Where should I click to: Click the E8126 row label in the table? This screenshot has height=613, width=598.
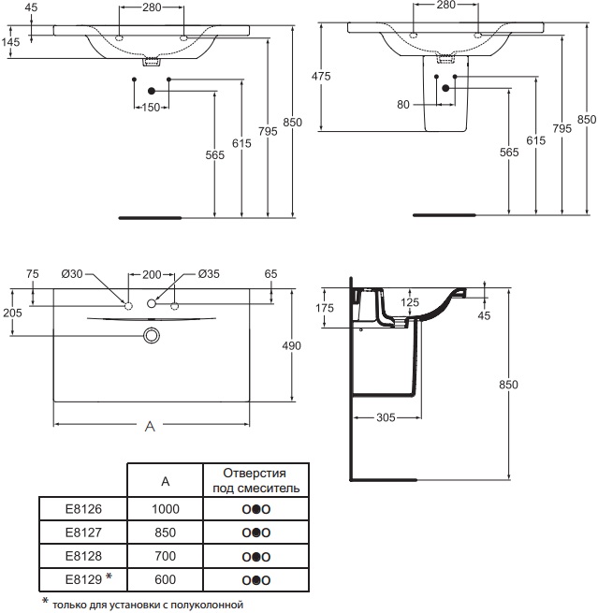click(83, 508)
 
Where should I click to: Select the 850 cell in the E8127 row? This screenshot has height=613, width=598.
click(165, 533)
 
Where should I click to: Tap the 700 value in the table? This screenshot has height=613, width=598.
click(165, 556)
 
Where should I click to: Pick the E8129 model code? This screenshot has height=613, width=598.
click(83, 579)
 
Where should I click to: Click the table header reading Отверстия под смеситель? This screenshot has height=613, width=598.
click(256, 480)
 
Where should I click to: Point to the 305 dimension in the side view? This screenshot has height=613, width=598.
click(386, 417)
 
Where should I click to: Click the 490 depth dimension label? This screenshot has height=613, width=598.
click(292, 345)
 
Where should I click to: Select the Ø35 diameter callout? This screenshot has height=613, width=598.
click(209, 274)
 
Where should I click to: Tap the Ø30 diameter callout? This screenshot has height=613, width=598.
click(72, 274)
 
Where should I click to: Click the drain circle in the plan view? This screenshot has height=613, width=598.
click(152, 335)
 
